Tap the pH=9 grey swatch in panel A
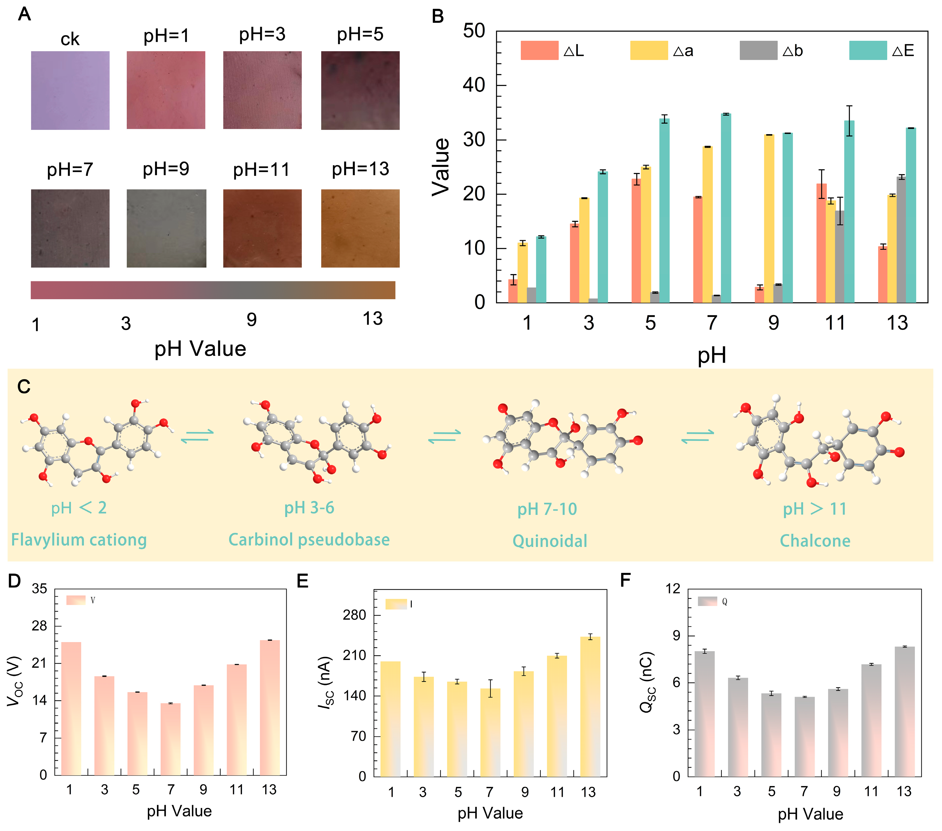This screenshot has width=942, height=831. coord(166,228)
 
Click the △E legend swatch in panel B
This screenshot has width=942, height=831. coord(867,50)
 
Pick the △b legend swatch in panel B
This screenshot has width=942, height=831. coord(758,50)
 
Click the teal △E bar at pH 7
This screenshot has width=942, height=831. coord(726,208)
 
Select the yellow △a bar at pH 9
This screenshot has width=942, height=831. coord(769,219)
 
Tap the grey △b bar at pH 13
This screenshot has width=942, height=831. coord(901,240)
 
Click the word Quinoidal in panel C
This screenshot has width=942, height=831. coord(550,541)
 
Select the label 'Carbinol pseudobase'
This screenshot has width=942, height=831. coord(309,540)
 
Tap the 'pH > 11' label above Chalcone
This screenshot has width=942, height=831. coord(815,509)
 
